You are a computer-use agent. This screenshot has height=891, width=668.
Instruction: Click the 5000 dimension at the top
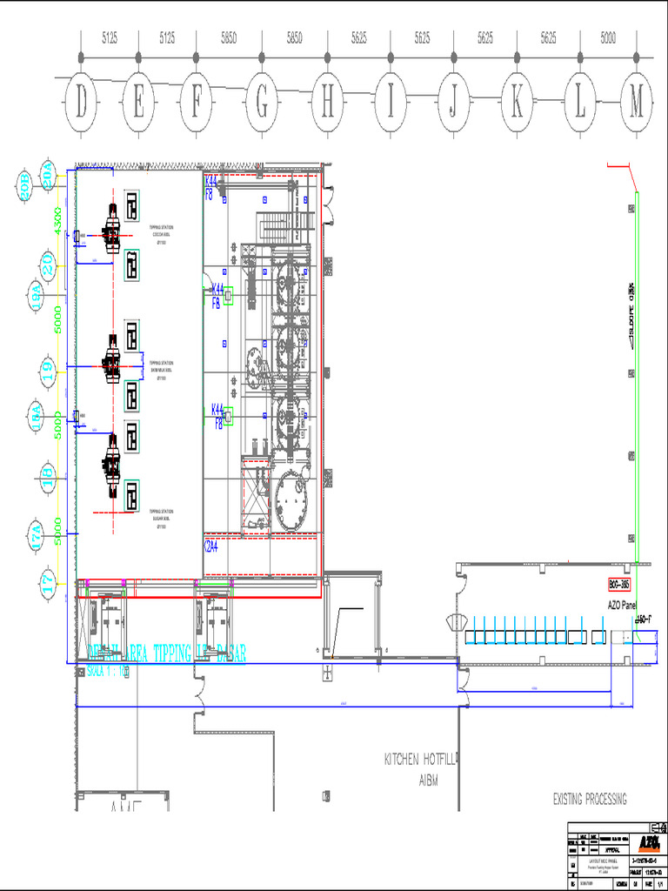point(608,38)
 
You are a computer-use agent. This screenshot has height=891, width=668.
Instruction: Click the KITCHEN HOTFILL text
point(421,759)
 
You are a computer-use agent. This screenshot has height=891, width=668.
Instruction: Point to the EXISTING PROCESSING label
point(589,799)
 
